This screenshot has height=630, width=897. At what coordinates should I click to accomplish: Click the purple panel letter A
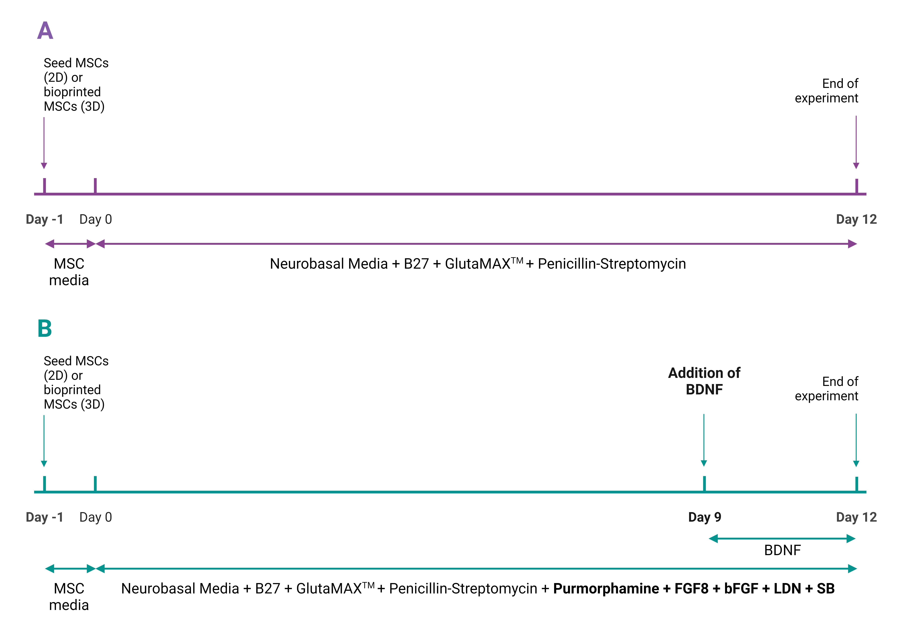click(45, 30)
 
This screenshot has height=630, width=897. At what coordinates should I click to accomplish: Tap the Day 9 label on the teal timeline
click(704, 517)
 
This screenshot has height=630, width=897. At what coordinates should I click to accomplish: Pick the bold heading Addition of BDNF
click(704, 381)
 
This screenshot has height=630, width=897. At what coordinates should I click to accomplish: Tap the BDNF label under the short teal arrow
click(782, 550)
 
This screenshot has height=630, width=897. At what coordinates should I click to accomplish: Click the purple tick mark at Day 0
click(95, 186)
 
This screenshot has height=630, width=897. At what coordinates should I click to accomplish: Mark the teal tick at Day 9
click(704, 483)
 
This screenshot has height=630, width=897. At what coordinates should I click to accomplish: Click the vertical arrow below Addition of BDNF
click(704, 440)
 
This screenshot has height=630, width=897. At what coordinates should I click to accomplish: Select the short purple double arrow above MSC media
click(70, 244)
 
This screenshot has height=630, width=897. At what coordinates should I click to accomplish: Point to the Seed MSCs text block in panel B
click(76, 382)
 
